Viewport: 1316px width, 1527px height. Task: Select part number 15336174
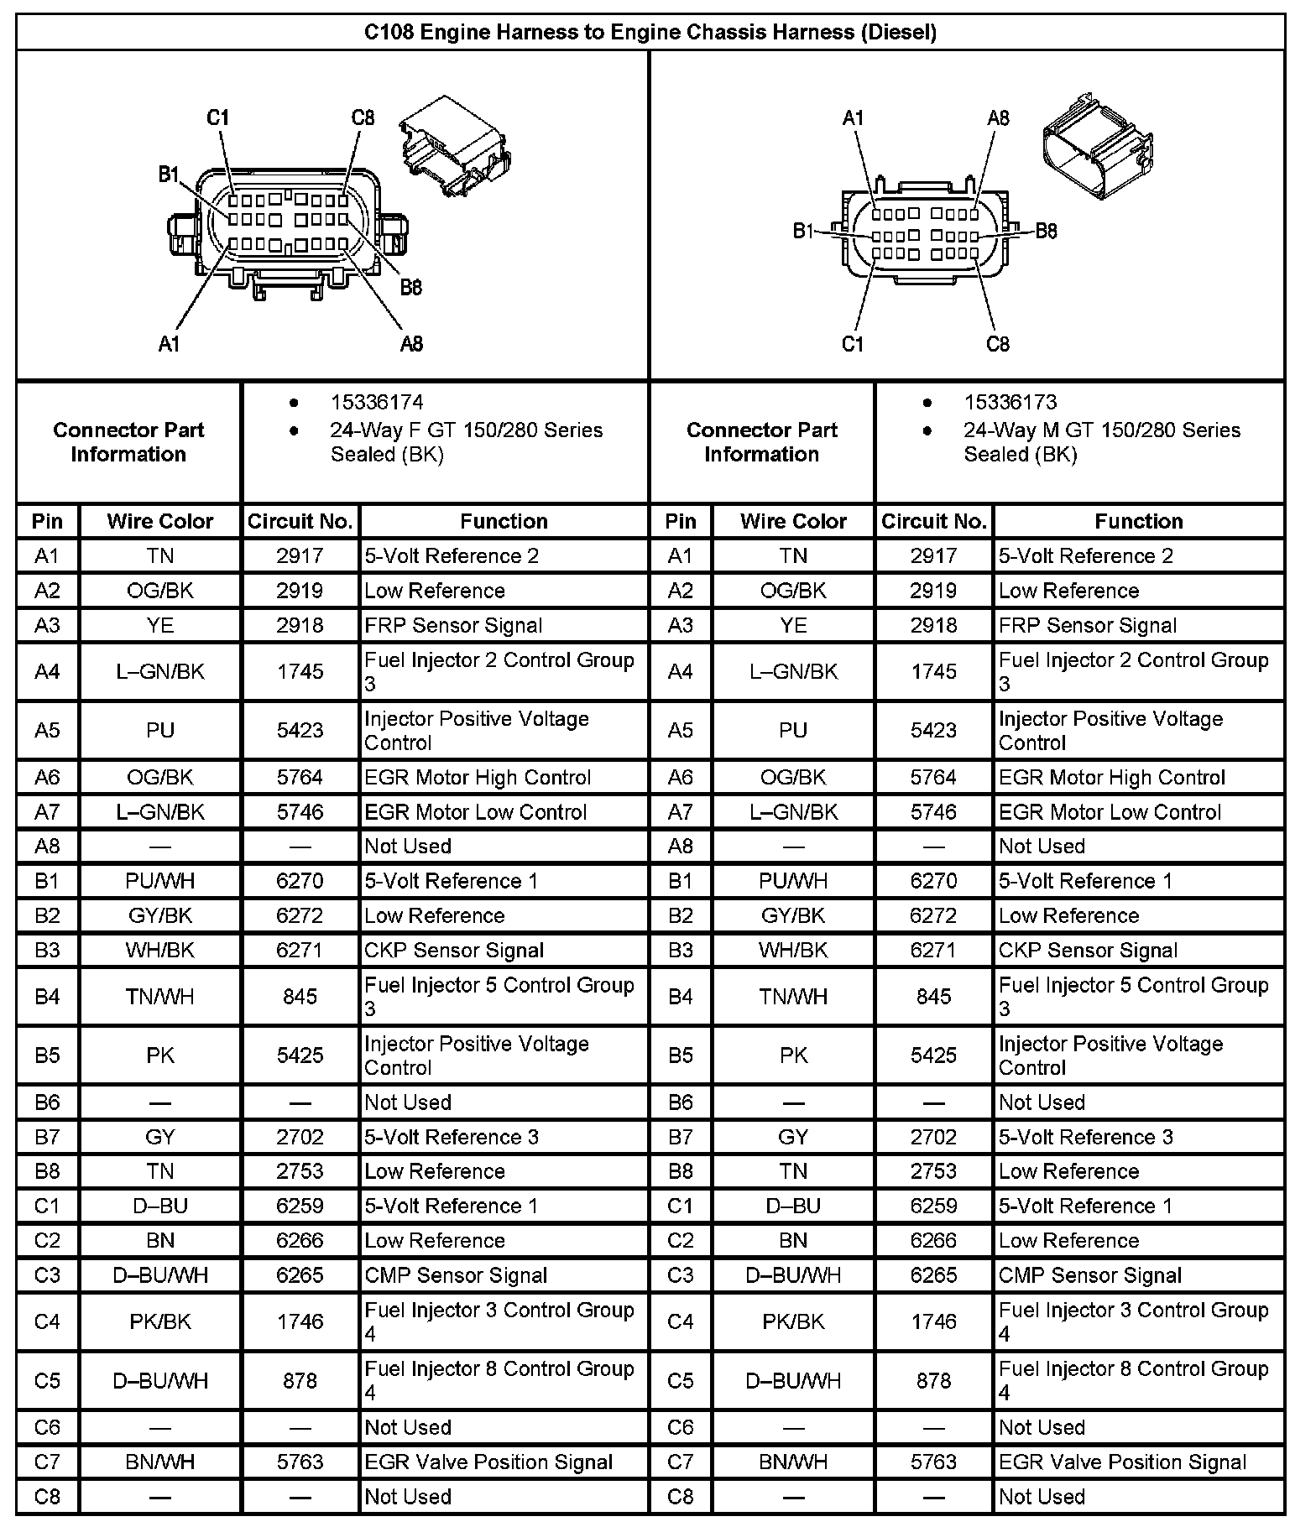pyautogui.click(x=377, y=403)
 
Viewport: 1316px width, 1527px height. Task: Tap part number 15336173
pyautogui.click(x=1010, y=403)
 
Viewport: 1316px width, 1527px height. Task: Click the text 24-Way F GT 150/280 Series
pyautogui.click(x=466, y=430)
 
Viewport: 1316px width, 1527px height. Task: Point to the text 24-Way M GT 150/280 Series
pyautogui.click(x=1101, y=430)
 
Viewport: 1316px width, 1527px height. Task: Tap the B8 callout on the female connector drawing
pyautogui.click(x=410, y=288)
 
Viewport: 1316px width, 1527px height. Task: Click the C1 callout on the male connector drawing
pyautogui.click(x=853, y=344)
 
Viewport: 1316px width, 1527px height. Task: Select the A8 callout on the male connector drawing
pyautogui.click(x=998, y=118)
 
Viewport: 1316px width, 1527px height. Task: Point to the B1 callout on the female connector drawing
pyautogui.click(x=170, y=175)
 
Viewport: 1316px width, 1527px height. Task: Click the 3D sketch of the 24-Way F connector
pyautogui.click(x=454, y=147)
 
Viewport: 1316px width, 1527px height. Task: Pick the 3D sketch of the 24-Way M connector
pyautogui.click(x=1097, y=149)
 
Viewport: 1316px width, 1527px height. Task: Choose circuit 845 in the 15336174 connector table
pyautogui.click(x=300, y=997)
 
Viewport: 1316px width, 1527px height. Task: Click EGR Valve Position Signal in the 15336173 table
pyautogui.click(x=1122, y=1462)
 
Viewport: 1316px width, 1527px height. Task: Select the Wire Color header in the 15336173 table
pyautogui.click(x=793, y=521)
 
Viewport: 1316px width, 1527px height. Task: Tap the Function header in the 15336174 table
pyautogui.click(x=504, y=521)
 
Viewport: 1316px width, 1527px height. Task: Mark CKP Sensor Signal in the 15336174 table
pyautogui.click(x=454, y=951)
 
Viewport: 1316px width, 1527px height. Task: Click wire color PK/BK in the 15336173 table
pyautogui.click(x=793, y=1321)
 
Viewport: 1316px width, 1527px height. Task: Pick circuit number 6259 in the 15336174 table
pyautogui.click(x=300, y=1206)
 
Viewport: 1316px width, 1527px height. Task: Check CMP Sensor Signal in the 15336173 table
pyautogui.click(x=1089, y=1275)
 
